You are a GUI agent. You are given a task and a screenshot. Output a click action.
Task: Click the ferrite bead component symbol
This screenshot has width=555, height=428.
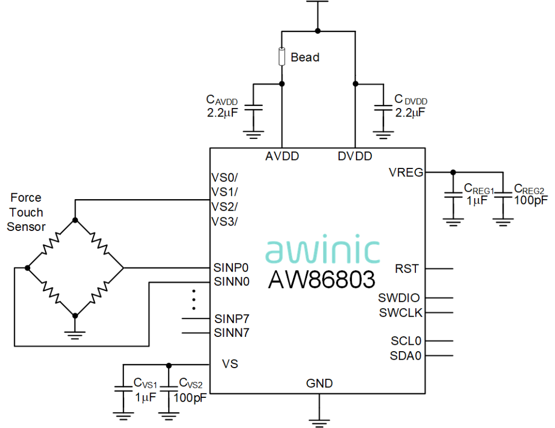tap(281, 57)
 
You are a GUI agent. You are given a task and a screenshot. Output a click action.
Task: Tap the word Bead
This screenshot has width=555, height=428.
tap(305, 57)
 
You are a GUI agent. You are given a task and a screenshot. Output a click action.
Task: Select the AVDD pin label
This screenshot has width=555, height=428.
tap(282, 156)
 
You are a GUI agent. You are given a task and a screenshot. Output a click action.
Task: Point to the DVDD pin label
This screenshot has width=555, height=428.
tap(355, 156)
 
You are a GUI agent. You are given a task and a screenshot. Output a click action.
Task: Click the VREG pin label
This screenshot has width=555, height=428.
tap(406, 172)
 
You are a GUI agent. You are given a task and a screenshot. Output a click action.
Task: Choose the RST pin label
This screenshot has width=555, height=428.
tap(407, 269)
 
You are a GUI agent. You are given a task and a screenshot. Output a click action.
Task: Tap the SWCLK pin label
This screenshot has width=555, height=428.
tap(401, 313)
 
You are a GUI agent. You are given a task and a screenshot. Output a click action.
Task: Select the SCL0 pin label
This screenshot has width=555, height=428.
tap(406, 341)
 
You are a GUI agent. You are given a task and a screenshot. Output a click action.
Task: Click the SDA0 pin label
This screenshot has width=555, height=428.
tap(406, 355)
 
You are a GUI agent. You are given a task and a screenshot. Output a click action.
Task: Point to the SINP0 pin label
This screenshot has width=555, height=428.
tap(231, 267)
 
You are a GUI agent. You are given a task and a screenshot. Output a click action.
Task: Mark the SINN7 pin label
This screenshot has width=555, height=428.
tap(231, 333)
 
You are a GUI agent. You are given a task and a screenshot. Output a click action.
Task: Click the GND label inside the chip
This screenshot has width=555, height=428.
tap(320, 383)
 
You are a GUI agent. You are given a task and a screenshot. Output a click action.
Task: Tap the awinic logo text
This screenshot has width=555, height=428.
tap(323, 251)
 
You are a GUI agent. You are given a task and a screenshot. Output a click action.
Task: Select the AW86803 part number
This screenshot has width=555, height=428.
tap(323, 279)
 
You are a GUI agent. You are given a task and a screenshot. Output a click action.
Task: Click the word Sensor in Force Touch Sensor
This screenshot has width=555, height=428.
tap(26, 227)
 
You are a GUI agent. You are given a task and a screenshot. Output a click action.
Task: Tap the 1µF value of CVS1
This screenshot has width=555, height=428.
tap(144, 396)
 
